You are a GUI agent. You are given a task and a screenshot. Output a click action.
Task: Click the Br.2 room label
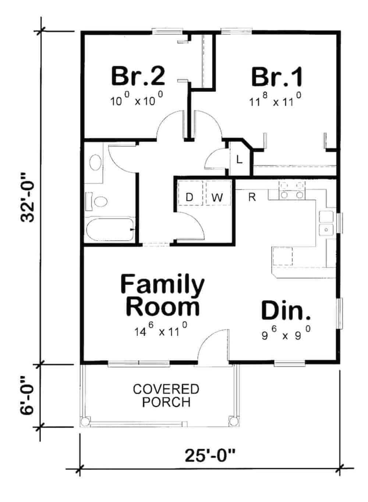[138, 76]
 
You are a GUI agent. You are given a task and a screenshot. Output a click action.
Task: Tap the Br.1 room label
[277, 77]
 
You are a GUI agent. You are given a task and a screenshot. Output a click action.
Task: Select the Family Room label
[162, 295]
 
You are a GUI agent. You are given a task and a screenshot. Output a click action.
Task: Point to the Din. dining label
[286, 310]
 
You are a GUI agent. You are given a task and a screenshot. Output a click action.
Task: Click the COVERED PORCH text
[166, 396]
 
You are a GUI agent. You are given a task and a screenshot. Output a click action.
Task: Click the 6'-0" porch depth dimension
[28, 395]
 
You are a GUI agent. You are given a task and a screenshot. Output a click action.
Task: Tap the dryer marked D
[189, 197]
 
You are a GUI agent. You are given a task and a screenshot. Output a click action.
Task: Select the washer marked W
[217, 197]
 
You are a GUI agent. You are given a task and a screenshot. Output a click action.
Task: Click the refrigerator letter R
[252, 197]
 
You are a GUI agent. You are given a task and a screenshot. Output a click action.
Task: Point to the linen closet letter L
[240, 160]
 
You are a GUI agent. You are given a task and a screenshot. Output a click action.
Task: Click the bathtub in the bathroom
[110, 230]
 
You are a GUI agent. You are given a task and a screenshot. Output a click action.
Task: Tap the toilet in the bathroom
[98, 202]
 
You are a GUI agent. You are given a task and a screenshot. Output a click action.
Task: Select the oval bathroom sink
[96, 163]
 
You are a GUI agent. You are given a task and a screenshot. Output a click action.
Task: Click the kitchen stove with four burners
[292, 191]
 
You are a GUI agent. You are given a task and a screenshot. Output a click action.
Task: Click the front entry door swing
[213, 347]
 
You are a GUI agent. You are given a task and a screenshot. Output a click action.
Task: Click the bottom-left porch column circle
[85, 421]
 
